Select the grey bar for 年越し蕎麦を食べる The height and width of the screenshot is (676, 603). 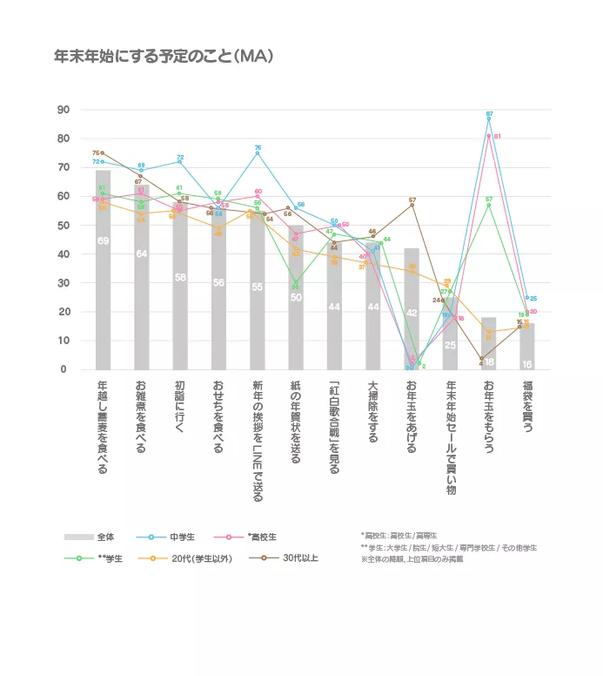click(x=103, y=270)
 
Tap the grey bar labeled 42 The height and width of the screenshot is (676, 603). click(x=412, y=309)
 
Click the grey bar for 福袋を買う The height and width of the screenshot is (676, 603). click(x=527, y=347)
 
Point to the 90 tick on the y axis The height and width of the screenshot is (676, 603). click(x=62, y=110)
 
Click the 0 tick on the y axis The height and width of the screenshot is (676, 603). click(x=62, y=369)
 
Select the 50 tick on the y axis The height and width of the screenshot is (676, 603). click(x=62, y=226)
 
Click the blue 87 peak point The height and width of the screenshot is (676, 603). click(x=489, y=118)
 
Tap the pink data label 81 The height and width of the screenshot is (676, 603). click(x=498, y=137)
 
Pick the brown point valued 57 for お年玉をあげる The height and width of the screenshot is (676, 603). click(x=412, y=206)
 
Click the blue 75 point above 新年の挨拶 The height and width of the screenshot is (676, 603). click(x=258, y=153)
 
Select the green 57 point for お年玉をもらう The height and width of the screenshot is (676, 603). click(x=489, y=205)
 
